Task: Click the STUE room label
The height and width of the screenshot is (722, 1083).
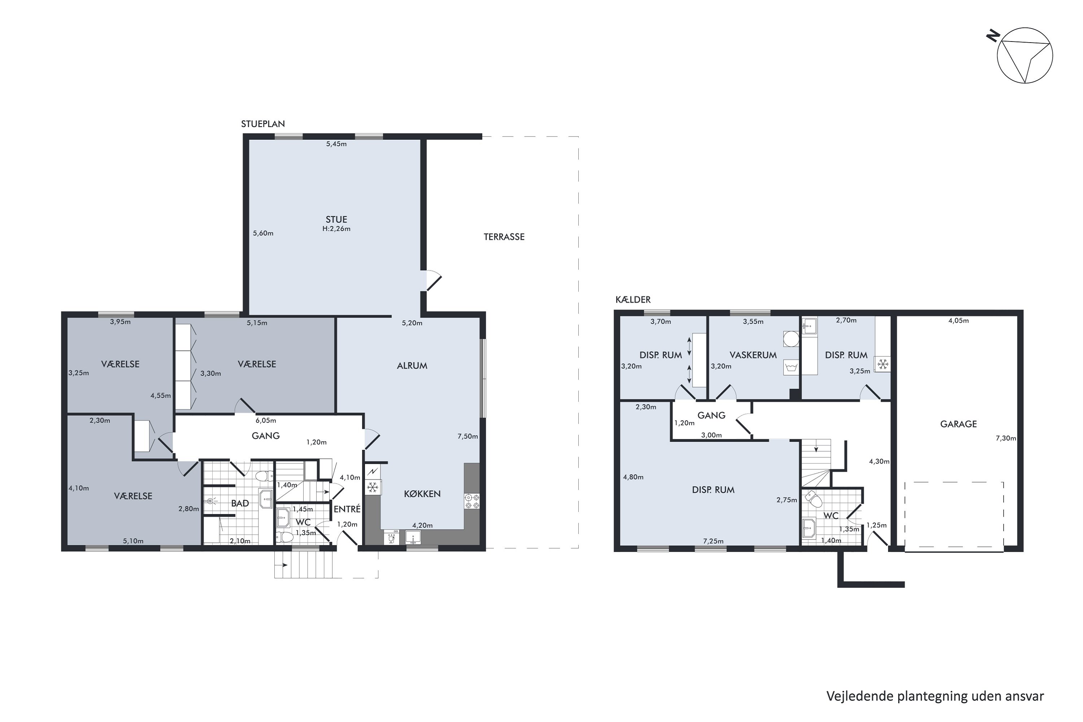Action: [x=336, y=219]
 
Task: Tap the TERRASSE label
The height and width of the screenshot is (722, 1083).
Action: [x=504, y=237]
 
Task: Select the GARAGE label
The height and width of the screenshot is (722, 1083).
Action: [x=958, y=424]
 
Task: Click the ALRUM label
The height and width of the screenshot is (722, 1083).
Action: [x=412, y=366]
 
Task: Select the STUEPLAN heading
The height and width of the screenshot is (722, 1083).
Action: [x=263, y=124]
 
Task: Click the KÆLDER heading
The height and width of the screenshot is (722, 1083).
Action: [x=633, y=300]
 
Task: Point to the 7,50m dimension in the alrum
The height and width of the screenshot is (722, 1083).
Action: [x=467, y=436]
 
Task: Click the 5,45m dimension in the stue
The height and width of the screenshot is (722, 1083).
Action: [x=336, y=144]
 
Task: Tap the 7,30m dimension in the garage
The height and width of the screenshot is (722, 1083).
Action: [x=1006, y=438]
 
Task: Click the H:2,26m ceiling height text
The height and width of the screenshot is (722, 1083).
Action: [x=336, y=229]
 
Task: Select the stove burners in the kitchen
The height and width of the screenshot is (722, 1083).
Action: [x=472, y=501]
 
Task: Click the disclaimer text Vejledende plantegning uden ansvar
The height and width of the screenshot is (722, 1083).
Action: [x=935, y=696]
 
